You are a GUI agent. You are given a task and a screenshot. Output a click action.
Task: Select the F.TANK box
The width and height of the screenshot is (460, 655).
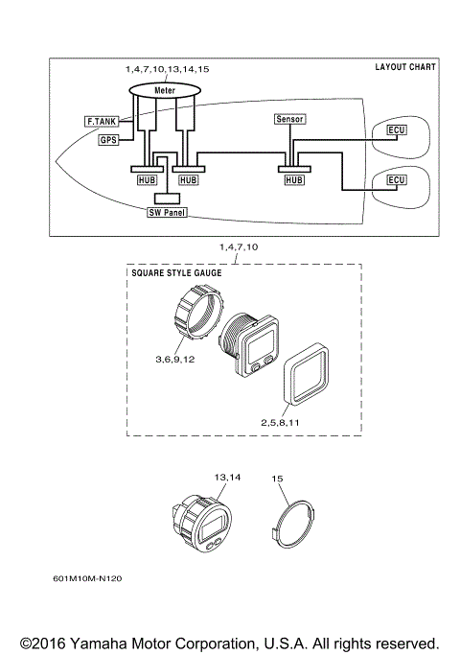pyautogui.click(x=102, y=122)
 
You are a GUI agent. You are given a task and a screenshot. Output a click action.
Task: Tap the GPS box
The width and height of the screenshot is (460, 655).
pyautogui.click(x=108, y=140)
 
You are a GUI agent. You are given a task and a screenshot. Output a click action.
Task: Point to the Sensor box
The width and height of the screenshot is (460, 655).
pyautogui.click(x=288, y=119)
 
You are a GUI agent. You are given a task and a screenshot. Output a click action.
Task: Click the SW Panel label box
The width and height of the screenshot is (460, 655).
pyautogui.click(x=168, y=212)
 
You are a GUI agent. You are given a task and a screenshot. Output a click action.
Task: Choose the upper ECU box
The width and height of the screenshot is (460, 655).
pyautogui.click(x=396, y=129)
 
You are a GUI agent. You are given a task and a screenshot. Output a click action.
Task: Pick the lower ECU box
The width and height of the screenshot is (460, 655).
pyautogui.click(x=396, y=179)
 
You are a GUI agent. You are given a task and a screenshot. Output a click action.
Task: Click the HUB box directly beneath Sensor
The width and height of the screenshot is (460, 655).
pyautogui.click(x=292, y=179)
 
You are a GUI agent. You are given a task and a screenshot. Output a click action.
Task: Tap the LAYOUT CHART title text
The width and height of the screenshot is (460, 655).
pyautogui.click(x=404, y=67)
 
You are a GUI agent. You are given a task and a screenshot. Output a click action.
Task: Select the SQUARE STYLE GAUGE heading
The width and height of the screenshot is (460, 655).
pyautogui.click(x=175, y=273)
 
